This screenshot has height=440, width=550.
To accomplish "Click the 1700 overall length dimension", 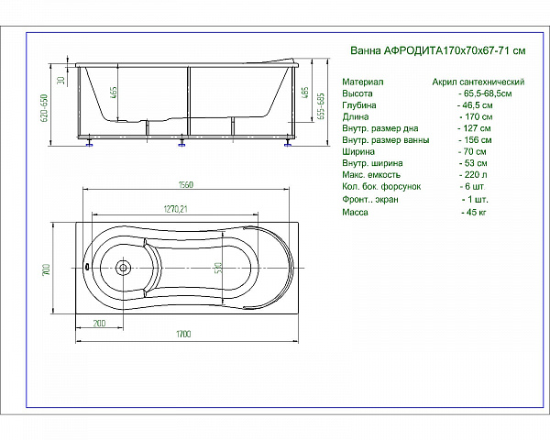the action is click(183, 334).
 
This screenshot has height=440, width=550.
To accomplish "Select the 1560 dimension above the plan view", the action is click(185, 184).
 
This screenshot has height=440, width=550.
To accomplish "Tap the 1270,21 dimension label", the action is click(175, 209).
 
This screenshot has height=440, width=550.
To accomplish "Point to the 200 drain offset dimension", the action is click(99, 324).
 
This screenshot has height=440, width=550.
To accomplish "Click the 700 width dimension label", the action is click(46, 269).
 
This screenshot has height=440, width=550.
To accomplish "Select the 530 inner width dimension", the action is click(218, 269).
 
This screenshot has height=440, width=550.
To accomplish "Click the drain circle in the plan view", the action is click(123, 268).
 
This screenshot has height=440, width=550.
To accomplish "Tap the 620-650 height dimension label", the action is click(45, 108).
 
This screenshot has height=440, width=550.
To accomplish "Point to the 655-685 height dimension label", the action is click(321, 106).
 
